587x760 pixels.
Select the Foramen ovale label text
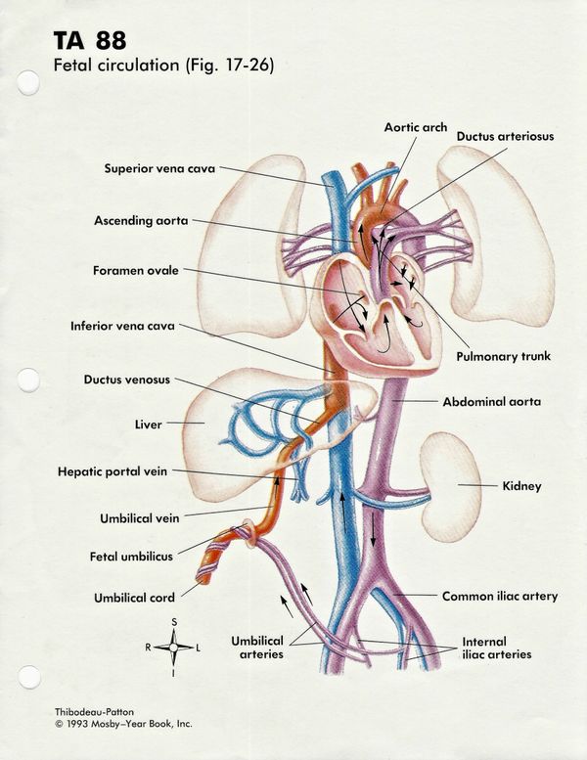pyautogui.click(x=137, y=270)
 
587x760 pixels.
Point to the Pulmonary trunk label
pyautogui.click(x=503, y=357)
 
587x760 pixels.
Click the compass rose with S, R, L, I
pyautogui.click(x=174, y=648)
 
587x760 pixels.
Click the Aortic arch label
pyautogui.click(x=415, y=127)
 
